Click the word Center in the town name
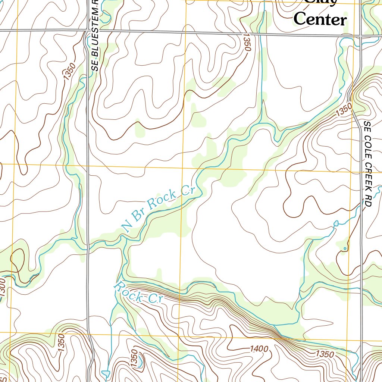point(320,19)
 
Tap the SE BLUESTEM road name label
point(95,37)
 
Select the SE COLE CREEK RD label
point(368,164)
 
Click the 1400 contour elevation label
point(259,349)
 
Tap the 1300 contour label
point(3,287)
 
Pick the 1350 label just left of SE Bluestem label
point(69,71)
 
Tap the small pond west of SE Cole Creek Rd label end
point(336,223)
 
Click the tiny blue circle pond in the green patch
point(345,248)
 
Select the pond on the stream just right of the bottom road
point(106,373)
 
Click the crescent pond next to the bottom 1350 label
point(140,361)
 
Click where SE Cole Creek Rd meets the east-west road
point(361,36)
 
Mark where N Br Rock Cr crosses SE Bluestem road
point(88,249)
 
